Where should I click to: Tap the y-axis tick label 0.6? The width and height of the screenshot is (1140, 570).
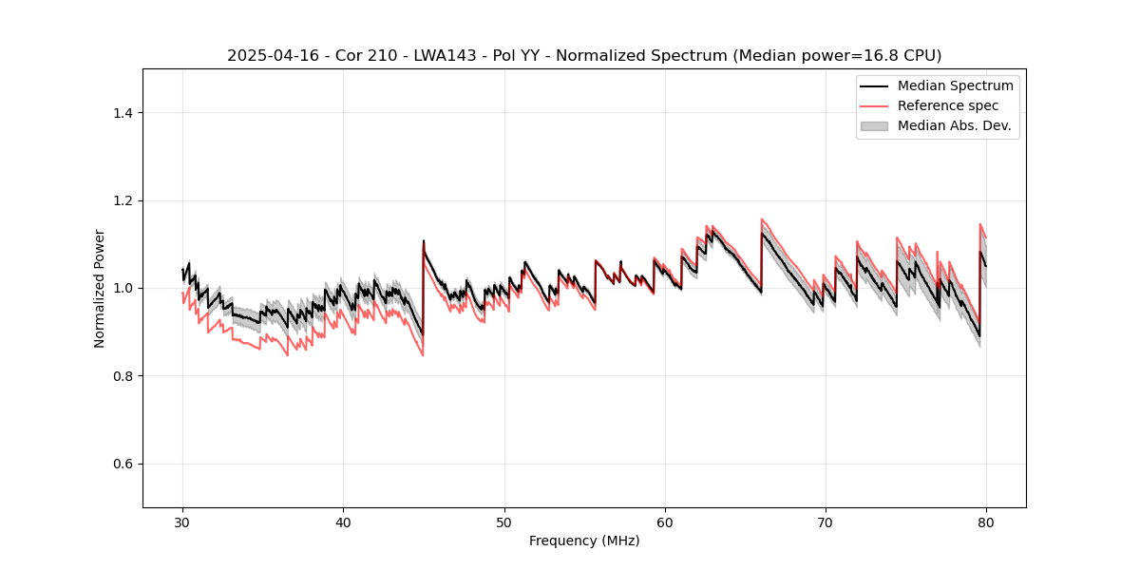pyautogui.click(x=123, y=464)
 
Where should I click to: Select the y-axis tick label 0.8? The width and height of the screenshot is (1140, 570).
pyautogui.click(x=123, y=376)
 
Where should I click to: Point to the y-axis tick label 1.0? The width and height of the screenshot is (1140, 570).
pyautogui.click(x=123, y=288)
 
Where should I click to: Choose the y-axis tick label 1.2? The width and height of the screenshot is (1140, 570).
pyautogui.click(x=123, y=200)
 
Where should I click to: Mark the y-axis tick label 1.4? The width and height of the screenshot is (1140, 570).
pyautogui.click(x=123, y=113)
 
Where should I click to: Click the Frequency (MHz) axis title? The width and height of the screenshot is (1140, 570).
pyautogui.click(x=584, y=541)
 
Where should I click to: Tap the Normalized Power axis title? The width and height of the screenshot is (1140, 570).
pyautogui.click(x=100, y=288)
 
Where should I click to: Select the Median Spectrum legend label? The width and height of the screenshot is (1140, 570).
pyautogui.click(x=955, y=85)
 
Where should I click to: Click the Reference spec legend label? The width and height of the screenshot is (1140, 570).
pyautogui.click(x=948, y=105)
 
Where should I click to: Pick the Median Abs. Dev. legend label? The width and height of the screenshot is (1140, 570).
pyautogui.click(x=955, y=125)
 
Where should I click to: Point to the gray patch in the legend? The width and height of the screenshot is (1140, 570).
pyautogui.click(x=874, y=125)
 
